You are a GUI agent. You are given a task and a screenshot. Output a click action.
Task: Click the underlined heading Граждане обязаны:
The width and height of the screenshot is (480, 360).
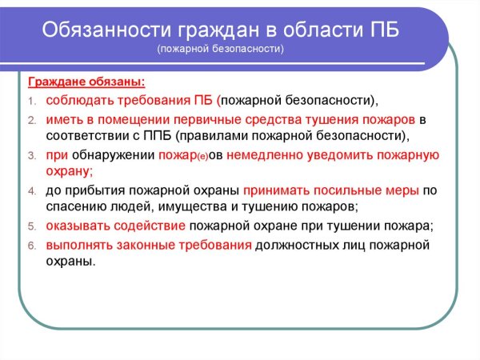[86, 83]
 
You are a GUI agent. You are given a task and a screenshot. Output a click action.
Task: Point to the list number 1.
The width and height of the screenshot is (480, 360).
[32, 102]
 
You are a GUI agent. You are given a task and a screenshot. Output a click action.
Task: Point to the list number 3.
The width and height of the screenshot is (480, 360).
[32, 154]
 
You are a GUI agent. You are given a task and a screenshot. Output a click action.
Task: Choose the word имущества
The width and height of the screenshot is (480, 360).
[183, 207]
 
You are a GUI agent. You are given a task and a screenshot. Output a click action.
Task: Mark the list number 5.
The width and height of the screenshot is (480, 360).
[32, 226]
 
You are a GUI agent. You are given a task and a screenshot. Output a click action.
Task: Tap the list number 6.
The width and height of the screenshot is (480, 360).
[32, 245]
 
